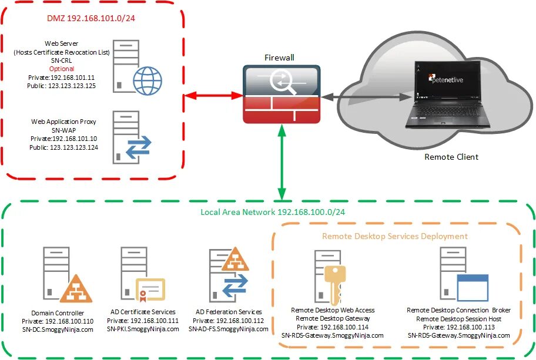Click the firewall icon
point(282,93)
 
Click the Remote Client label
point(451,157)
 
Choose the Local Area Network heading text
point(268,211)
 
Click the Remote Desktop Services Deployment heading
point(394,236)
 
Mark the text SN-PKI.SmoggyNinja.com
point(143,329)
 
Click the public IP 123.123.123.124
point(63,147)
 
